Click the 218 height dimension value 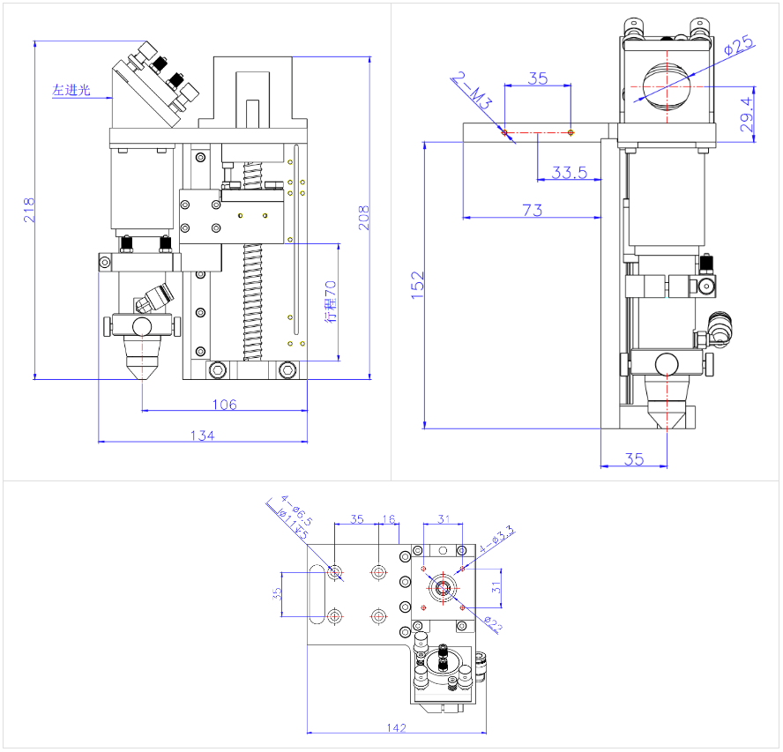click(x=28, y=210)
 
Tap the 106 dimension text click(x=225, y=405)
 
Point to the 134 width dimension click(x=203, y=435)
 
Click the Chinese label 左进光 click(x=71, y=89)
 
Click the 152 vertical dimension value click(x=418, y=287)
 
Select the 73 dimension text click(x=532, y=210)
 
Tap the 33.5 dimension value click(x=569, y=173)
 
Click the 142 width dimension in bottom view click(x=396, y=727)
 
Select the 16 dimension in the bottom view click(x=389, y=519)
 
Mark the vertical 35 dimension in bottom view click(x=278, y=594)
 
